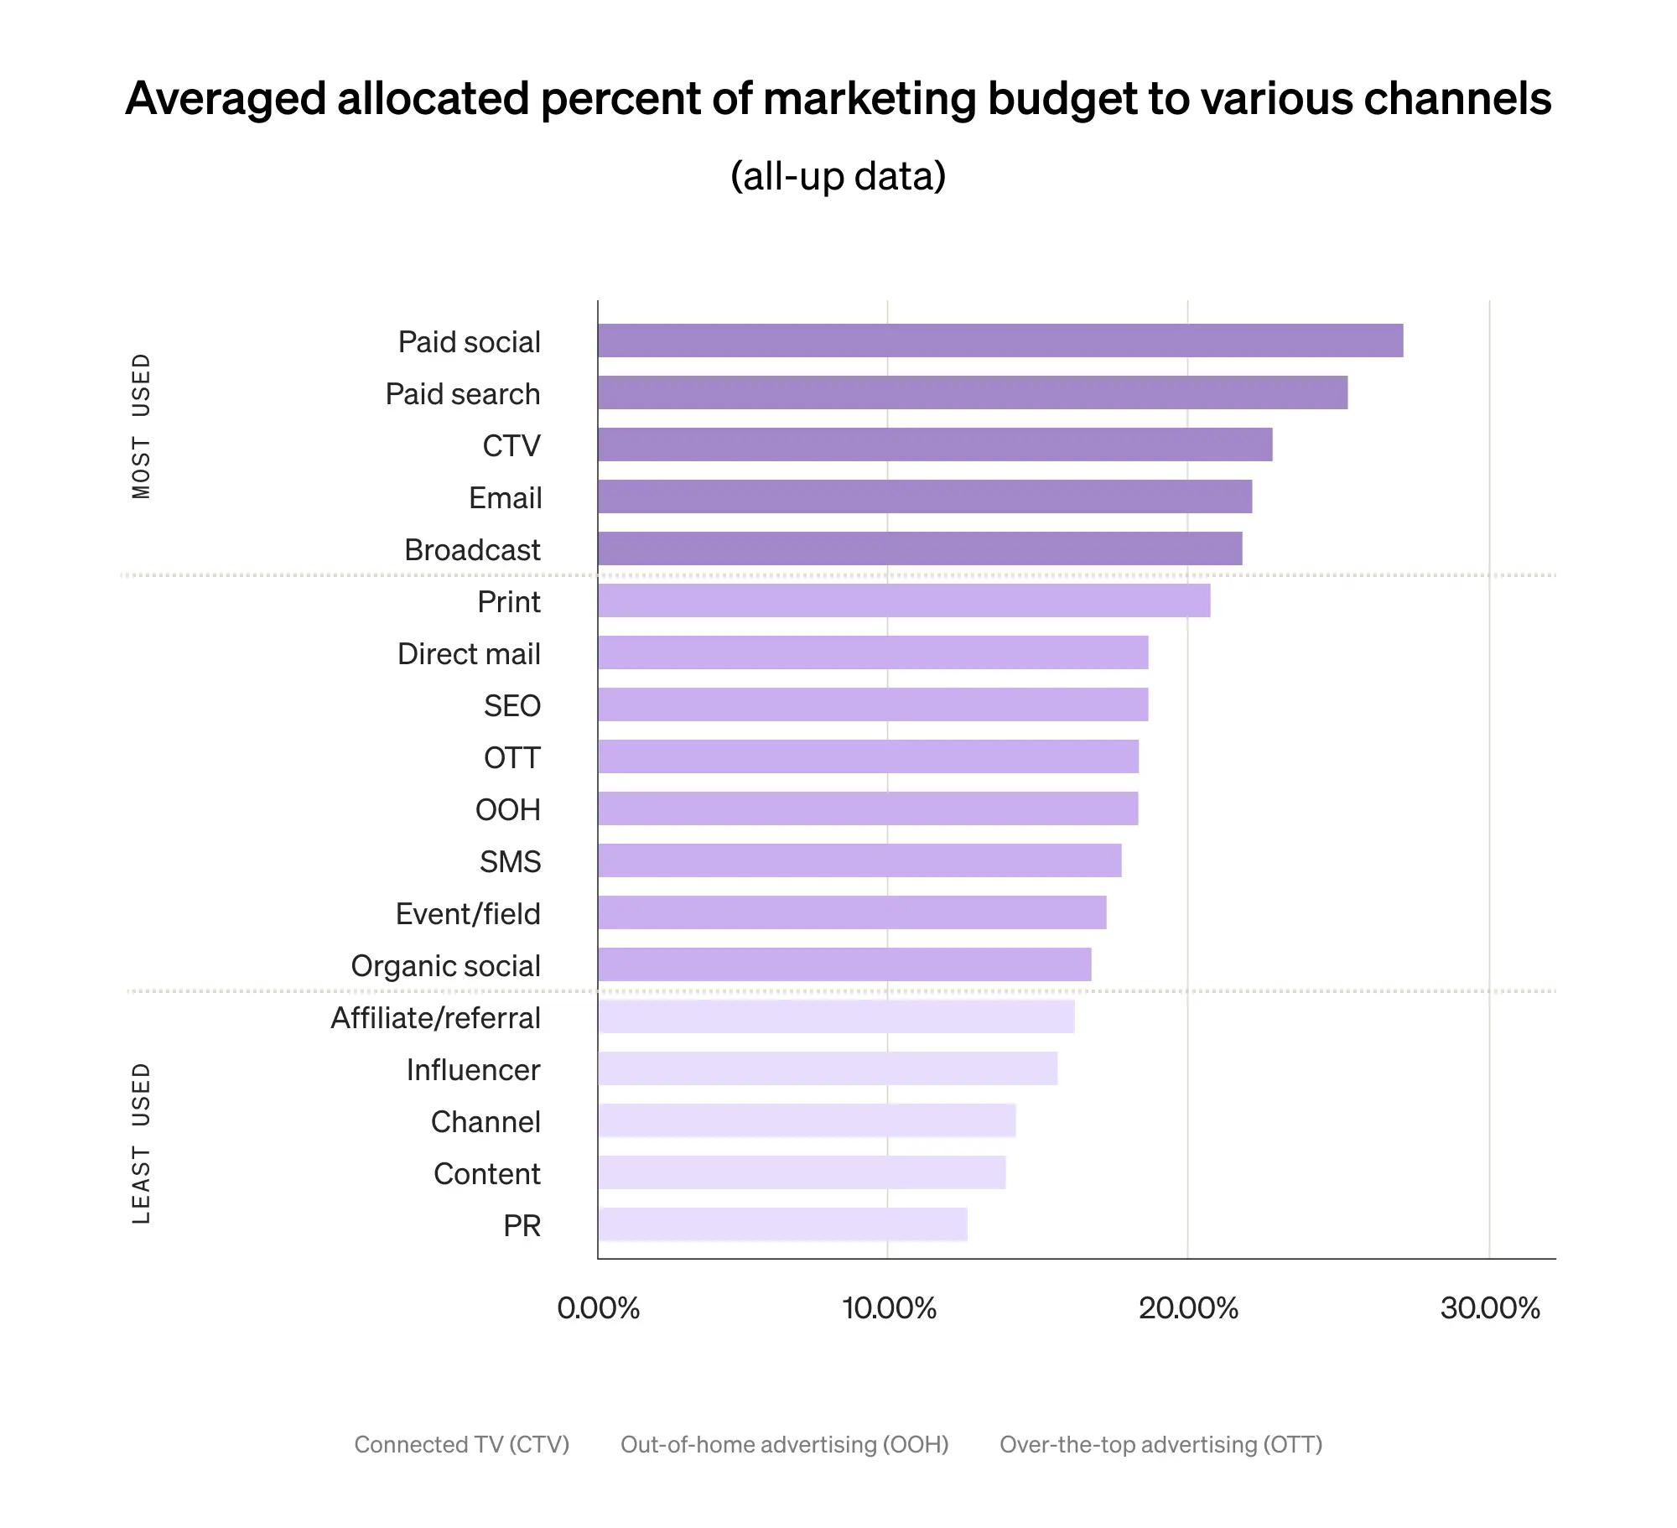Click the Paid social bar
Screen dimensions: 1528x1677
999,340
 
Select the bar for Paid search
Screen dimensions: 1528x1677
973,392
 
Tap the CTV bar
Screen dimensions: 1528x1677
935,444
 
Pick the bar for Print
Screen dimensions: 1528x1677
904,600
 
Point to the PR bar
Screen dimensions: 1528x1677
782,1224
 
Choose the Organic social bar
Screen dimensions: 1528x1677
844,964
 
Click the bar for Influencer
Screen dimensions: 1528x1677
828,1068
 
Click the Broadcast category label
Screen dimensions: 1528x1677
472,550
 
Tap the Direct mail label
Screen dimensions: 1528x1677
469,654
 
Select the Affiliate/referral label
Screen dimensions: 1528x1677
435,1018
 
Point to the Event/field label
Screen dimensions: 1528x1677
468,914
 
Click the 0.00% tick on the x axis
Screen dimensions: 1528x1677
598,1308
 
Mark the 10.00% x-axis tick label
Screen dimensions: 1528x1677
889,1308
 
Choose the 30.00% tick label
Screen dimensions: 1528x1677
1490,1308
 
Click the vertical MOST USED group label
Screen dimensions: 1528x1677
142,426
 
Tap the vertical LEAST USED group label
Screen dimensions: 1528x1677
142,1143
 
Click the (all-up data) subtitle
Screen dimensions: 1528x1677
838,176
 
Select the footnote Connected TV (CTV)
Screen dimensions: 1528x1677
461,1444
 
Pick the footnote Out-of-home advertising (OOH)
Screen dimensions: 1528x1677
784,1444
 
